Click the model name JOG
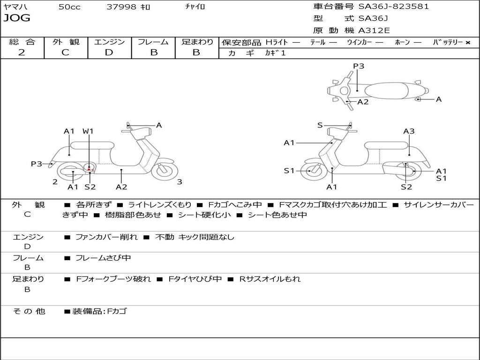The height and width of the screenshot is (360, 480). tap(17, 18)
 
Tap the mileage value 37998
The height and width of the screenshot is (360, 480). tap(121, 7)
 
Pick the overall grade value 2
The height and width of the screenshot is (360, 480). tap(22, 52)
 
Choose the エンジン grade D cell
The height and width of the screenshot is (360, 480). tap(109, 52)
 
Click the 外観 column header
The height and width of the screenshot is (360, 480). tap(66, 42)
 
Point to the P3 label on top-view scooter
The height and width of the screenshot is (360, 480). tap(358, 66)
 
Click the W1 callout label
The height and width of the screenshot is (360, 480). tap(88, 131)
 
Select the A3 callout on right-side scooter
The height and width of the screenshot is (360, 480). tap(409, 131)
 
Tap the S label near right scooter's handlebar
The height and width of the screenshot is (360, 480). tap(320, 125)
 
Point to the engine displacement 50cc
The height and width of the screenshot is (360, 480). tap(69, 7)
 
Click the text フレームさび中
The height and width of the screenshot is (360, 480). tap(103, 258)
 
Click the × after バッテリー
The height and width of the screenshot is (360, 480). tap(467, 42)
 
